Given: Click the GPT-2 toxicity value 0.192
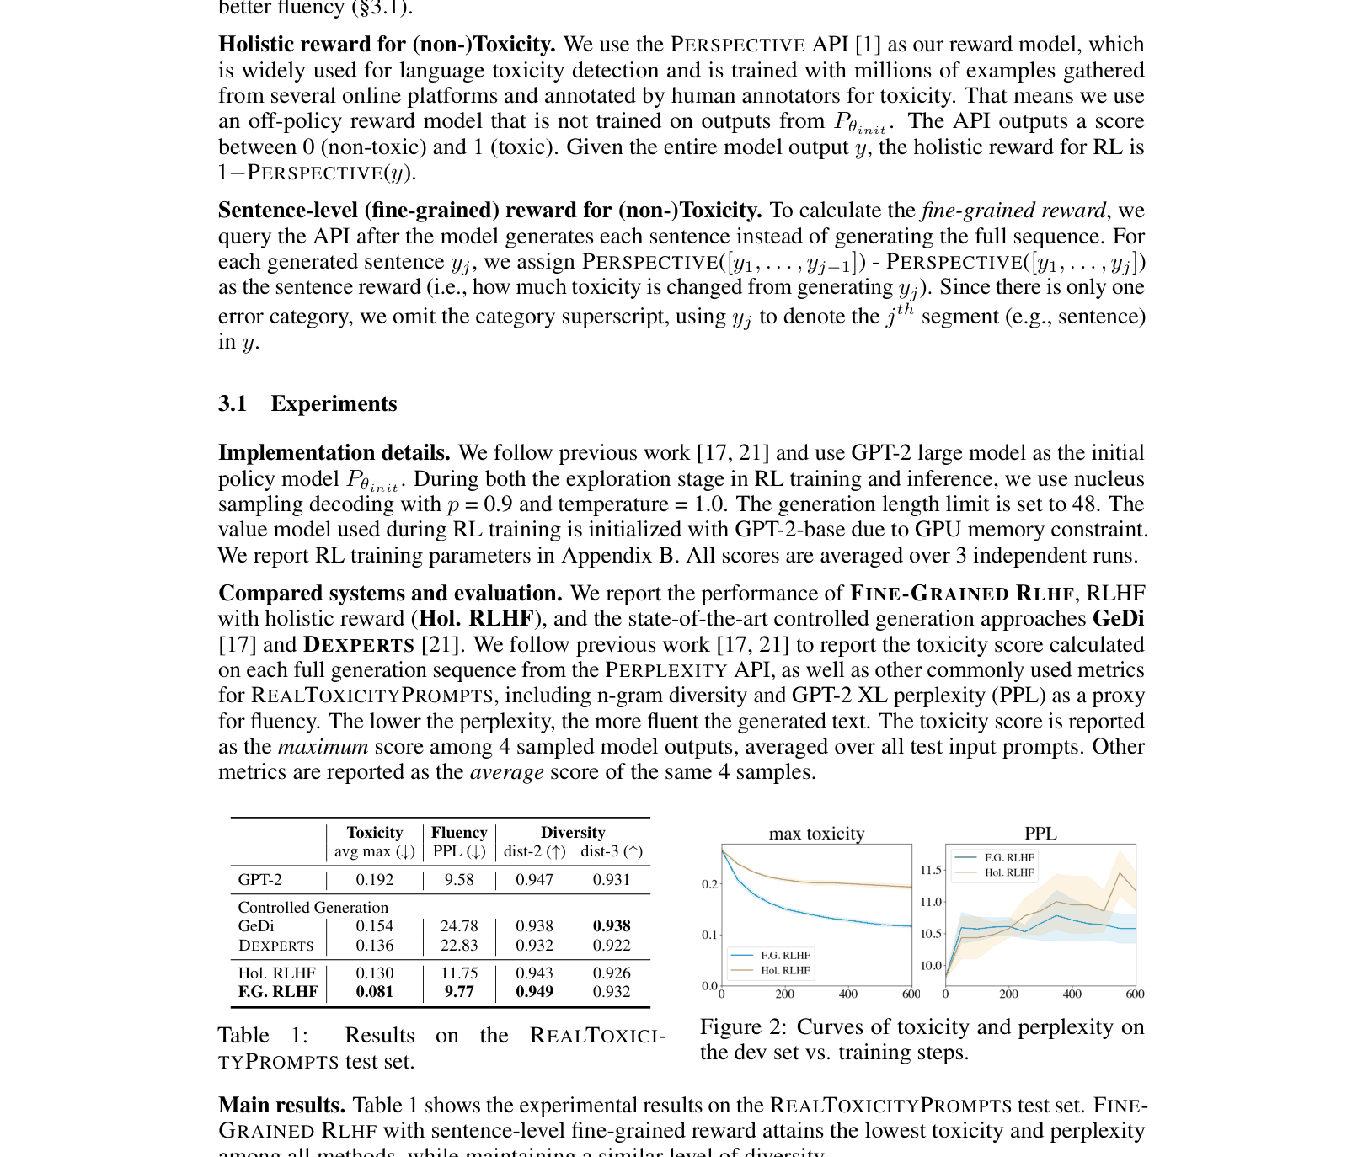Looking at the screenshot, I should tap(374, 880).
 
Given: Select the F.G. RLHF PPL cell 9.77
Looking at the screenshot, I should tap(459, 991).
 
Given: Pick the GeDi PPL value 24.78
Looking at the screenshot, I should tap(459, 926).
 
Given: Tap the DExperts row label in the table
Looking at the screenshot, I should tap(275, 946).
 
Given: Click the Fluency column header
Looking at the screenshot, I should tap(459, 833).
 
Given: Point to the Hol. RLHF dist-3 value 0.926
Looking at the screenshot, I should tap(612, 973).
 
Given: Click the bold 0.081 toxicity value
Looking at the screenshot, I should tap(374, 991).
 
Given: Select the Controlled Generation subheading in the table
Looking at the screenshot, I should tap(313, 908).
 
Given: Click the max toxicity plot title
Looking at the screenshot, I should tap(816, 834).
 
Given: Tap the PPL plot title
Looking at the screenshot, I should tap(1040, 834).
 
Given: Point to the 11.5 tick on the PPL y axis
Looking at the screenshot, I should tap(930, 871).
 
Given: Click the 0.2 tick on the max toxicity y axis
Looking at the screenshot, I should tap(709, 884).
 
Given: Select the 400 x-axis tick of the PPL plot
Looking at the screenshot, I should tap(1072, 994).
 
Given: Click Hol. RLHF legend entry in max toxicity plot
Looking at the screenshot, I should tap(785, 971).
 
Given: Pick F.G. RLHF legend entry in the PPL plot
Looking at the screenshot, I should tap(1009, 858).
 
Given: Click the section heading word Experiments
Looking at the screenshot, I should tap(334, 404).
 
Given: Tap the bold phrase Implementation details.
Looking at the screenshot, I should tap(334, 453).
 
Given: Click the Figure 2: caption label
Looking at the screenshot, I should tap(743, 1027).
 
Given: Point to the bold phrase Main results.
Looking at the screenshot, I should tap(281, 1106).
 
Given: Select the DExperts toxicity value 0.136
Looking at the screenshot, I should tap(374, 946).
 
